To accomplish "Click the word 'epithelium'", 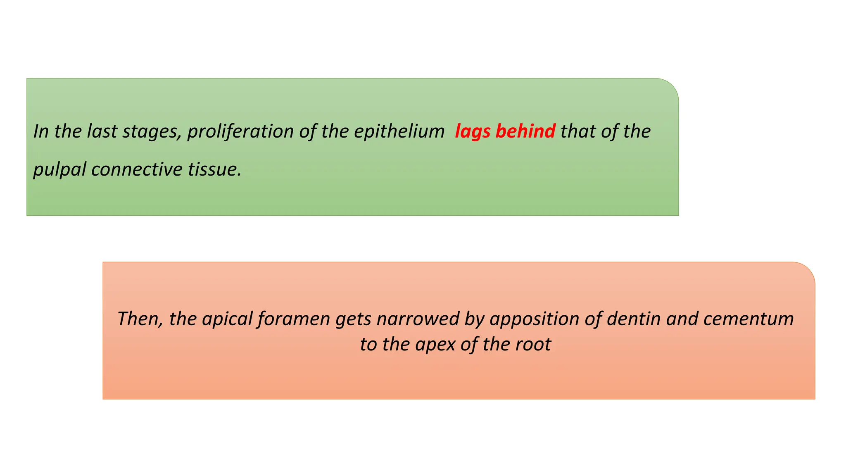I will (399, 131).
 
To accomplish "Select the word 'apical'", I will (227, 319).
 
